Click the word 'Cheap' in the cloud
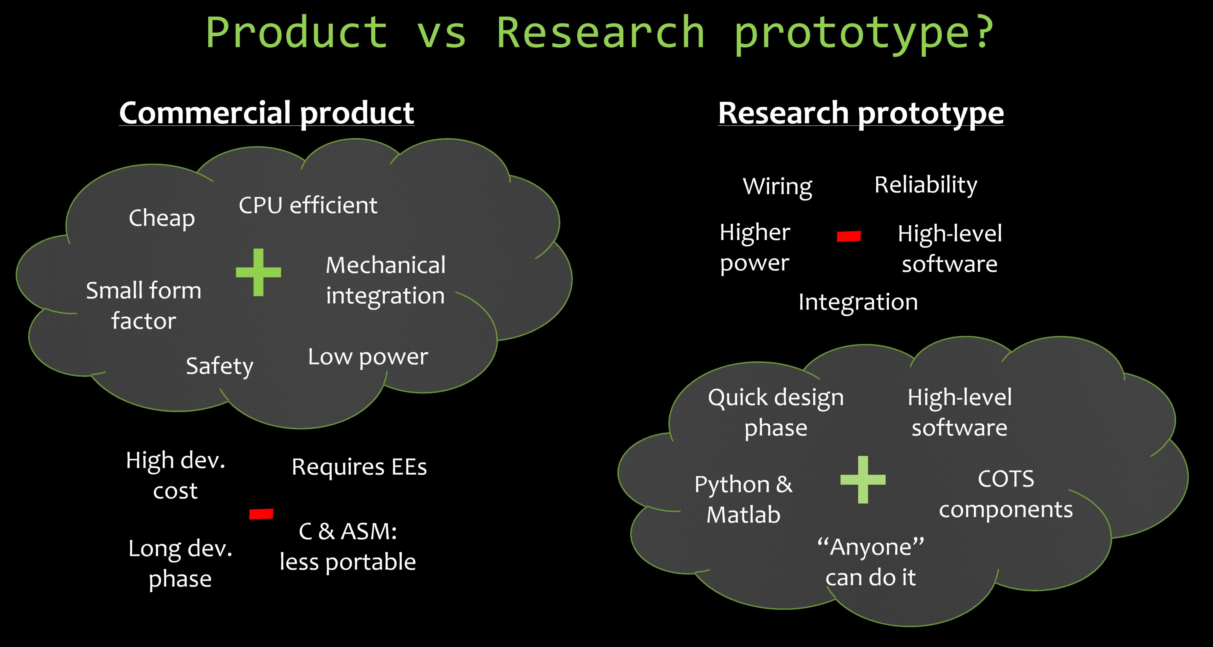tap(161, 218)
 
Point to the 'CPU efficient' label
tap(308, 205)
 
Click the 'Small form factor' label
tap(144, 305)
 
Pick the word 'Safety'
tap(219, 366)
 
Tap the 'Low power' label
tap(368, 357)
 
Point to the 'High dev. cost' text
tap(176, 476)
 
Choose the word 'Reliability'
tap(926, 185)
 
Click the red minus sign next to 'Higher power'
tap(849, 236)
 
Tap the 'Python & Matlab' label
tap(743, 500)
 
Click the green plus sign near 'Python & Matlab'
tap(863, 479)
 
